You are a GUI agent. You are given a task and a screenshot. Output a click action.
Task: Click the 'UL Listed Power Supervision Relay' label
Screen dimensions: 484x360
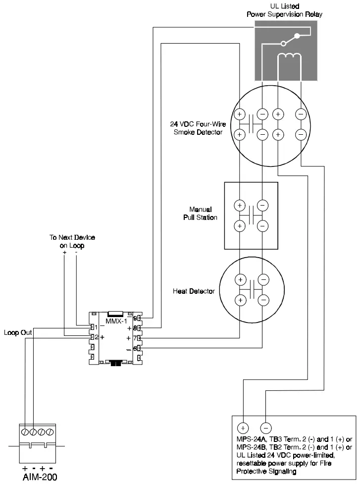pos(284,10)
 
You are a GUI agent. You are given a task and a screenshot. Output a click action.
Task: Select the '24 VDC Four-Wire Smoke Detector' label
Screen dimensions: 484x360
pos(195,128)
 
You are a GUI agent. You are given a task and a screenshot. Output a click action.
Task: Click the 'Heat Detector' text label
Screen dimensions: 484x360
pos(194,291)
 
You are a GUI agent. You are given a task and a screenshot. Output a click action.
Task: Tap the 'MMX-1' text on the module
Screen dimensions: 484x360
pos(116,321)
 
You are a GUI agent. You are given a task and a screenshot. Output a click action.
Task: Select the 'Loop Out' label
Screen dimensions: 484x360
pos(18,333)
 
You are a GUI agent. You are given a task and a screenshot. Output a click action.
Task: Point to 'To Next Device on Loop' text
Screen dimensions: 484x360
pos(72,241)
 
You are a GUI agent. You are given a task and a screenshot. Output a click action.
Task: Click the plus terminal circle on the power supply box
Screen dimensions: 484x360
pos(243,427)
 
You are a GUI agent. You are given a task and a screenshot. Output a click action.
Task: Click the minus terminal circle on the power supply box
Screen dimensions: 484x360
pos(266,427)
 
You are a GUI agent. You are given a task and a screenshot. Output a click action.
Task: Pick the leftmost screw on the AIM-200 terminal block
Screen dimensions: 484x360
pos(25,431)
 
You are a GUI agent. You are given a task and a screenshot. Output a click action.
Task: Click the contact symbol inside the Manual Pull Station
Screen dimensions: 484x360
pos(251,215)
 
